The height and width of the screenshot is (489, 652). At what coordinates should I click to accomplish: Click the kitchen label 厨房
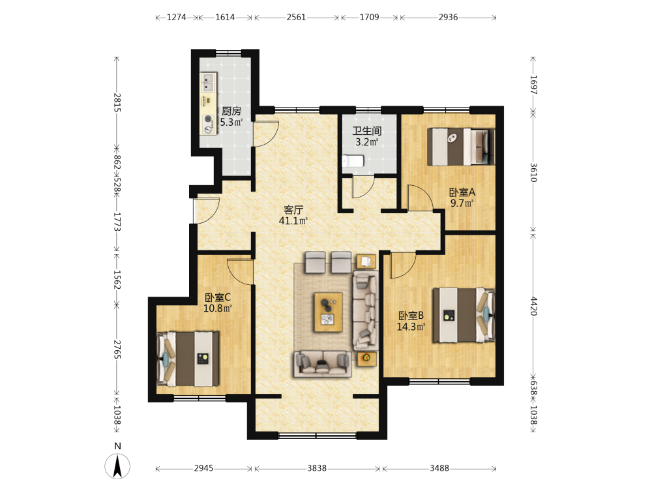[x=231, y=111]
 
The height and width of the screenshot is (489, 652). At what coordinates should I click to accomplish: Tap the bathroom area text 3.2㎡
[x=366, y=141]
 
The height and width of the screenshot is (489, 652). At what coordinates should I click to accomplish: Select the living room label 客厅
[x=293, y=210]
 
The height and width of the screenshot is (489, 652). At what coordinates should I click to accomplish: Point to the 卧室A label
[x=462, y=192]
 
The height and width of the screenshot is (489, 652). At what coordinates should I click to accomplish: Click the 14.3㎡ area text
[x=411, y=327]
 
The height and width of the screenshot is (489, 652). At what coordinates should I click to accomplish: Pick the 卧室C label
[x=218, y=297]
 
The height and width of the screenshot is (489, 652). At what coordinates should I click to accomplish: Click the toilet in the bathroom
[x=353, y=161]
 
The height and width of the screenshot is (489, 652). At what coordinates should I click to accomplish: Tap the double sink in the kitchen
[x=209, y=82]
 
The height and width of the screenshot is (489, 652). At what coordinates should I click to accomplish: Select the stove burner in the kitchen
[x=208, y=119]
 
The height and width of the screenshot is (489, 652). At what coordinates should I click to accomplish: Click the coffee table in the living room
[x=329, y=312]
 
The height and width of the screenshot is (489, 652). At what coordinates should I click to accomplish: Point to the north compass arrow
[x=117, y=466]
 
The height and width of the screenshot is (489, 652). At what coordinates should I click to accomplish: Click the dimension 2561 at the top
[x=296, y=18]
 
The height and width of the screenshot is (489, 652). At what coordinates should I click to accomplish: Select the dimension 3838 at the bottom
[x=317, y=469]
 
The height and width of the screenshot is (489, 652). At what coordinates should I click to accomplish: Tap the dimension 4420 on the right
[x=533, y=306]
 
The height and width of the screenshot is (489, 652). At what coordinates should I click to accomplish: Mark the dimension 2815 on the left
[x=117, y=102]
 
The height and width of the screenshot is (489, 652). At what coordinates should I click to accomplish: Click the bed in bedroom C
[x=188, y=359]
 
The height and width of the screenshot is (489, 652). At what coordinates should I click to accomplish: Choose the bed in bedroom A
[x=462, y=147]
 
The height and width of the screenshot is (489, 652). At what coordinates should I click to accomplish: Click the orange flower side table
[x=366, y=358]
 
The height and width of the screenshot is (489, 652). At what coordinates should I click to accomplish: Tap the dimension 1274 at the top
[x=176, y=18]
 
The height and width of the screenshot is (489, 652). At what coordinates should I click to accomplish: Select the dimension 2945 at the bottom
[x=203, y=469]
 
